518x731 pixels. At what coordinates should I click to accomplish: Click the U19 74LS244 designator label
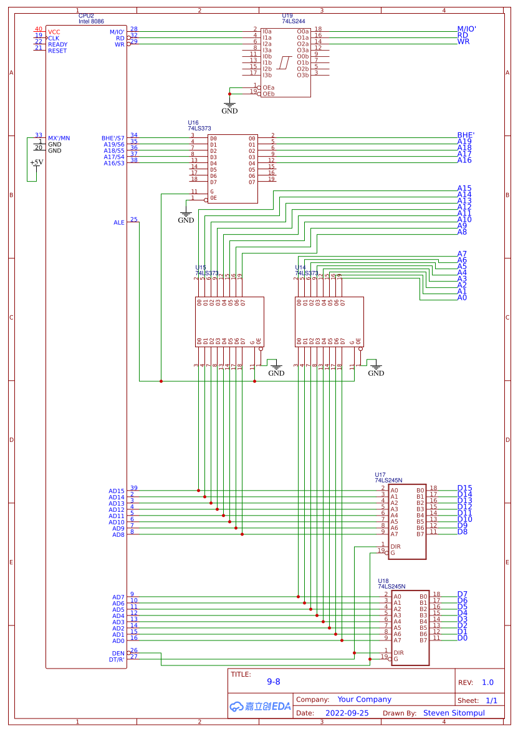point(287,15)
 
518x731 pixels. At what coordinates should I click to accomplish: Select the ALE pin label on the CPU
point(118,222)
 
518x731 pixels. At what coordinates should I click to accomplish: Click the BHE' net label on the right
point(466,135)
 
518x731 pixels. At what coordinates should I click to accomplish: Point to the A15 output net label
point(464,188)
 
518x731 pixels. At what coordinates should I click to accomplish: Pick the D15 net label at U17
point(464,488)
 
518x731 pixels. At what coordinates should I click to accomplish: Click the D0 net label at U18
point(462,637)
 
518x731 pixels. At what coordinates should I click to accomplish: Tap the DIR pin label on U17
point(395,546)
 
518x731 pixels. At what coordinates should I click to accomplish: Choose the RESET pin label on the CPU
point(57,51)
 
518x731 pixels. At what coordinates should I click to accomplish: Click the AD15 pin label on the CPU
point(117,491)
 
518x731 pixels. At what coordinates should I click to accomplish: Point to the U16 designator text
point(193,122)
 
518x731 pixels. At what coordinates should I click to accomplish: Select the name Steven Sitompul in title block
point(454,712)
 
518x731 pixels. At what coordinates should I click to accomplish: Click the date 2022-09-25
point(347,712)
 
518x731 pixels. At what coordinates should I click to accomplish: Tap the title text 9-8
point(273,682)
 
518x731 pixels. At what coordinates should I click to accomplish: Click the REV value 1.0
point(487,682)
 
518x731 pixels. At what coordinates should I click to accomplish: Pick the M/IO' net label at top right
point(471,29)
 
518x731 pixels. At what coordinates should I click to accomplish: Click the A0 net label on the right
point(462,297)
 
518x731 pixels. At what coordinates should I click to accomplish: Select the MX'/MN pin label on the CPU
point(59,138)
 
